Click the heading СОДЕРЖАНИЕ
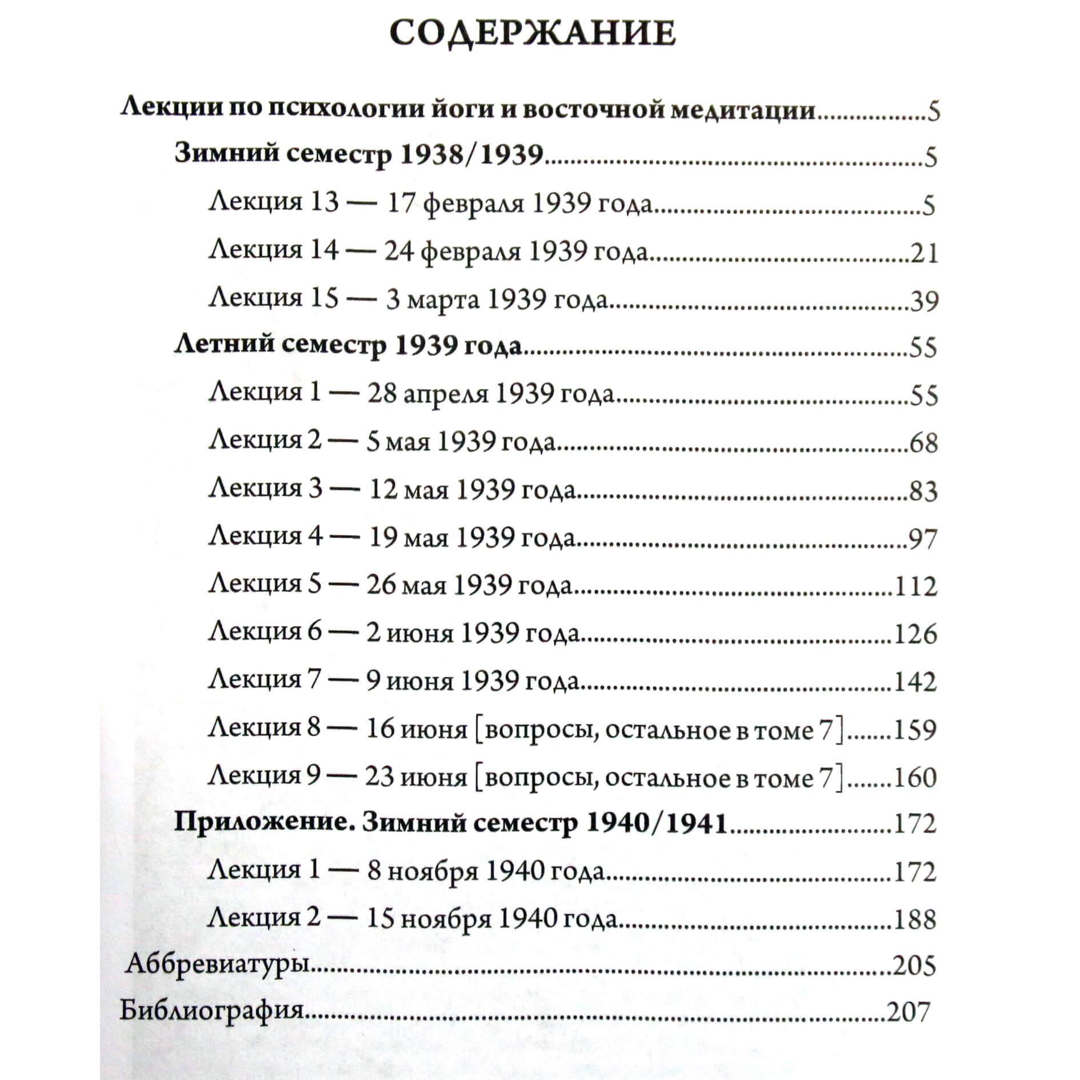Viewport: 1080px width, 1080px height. tap(533, 34)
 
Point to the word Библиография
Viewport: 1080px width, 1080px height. tap(211, 1011)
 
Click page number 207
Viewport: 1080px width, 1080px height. tap(908, 1012)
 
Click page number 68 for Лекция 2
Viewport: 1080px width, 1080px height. tap(923, 443)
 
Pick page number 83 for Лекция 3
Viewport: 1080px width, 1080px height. tap(923, 491)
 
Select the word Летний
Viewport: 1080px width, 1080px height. tap(222, 345)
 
